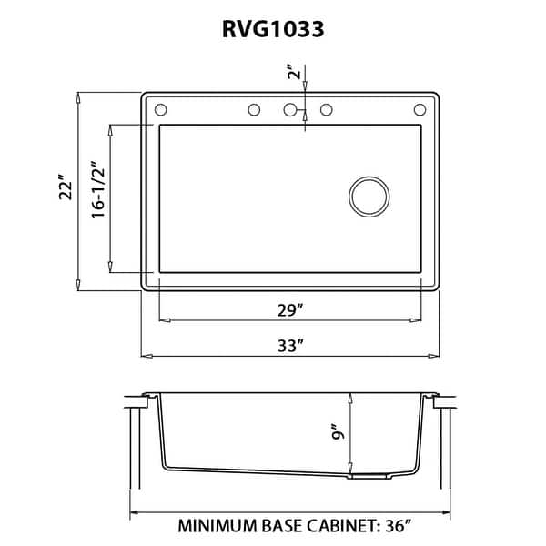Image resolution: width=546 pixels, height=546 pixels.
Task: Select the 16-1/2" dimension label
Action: pyautogui.click(x=98, y=192)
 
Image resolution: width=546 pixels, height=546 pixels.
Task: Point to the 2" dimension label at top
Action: pyautogui.click(x=293, y=72)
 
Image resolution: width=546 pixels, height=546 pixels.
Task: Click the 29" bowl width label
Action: pyautogui.click(x=290, y=310)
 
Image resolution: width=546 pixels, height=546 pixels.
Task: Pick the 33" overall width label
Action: pyautogui.click(x=290, y=344)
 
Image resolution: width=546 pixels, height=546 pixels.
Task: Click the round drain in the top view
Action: pyautogui.click(x=369, y=197)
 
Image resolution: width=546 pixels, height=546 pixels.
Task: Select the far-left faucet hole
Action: pyautogui.click(x=160, y=110)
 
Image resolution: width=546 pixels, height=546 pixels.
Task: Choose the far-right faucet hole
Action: pyautogui.click(x=420, y=110)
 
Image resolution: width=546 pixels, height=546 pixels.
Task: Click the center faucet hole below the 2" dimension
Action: pyautogui.click(x=290, y=110)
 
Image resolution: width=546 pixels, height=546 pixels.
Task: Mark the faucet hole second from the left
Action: pyautogui.click(x=254, y=110)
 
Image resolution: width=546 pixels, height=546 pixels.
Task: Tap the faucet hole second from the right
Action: pyautogui.click(x=326, y=110)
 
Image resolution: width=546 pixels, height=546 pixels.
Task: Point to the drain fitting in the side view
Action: pyautogui.click(x=369, y=475)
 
